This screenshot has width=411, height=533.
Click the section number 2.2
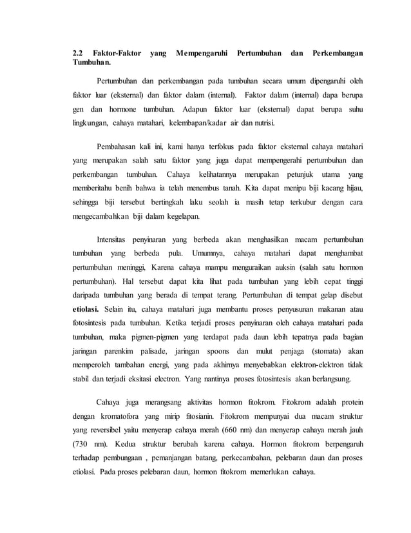click(77, 52)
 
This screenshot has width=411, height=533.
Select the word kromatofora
click(119, 417)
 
